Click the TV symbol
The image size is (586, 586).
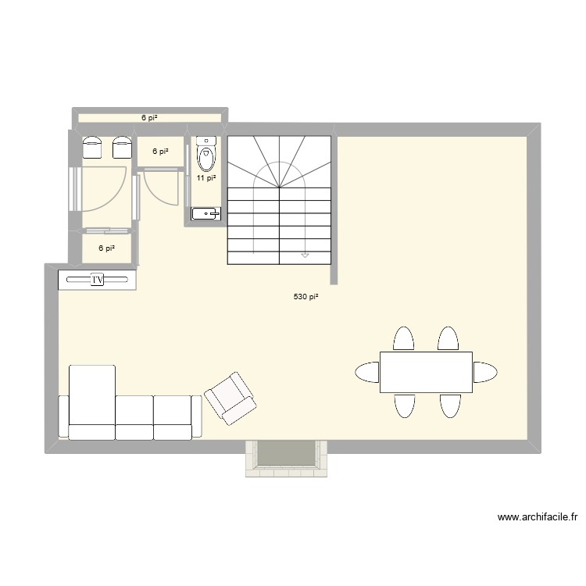98,279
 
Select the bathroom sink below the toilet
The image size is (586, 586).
206,213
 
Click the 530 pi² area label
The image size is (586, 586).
306,297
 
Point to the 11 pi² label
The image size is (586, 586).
206,178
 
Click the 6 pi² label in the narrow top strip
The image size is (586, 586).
149,118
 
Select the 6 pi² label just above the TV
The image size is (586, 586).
106,248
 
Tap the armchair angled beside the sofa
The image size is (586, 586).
230,398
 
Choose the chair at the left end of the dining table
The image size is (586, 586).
367,372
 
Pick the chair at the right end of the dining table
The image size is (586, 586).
484,372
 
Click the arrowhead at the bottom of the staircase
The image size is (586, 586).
305,255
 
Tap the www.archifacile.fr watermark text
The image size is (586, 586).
537,517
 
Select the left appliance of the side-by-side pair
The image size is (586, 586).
93,146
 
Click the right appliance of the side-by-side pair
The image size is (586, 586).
121,146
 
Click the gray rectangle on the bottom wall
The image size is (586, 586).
285,454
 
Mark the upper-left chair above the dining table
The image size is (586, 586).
403,339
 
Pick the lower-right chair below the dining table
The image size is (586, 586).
448,406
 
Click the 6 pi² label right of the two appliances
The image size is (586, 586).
160,152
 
